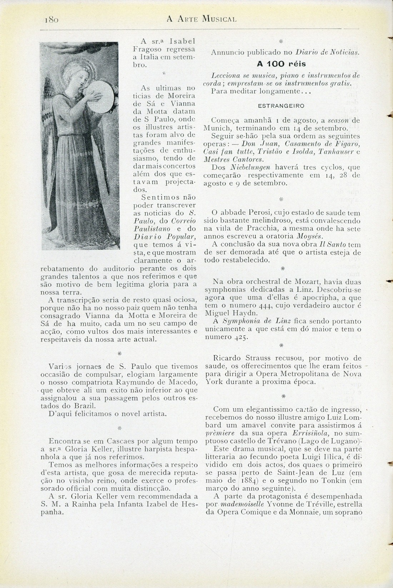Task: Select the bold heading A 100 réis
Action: [x=282, y=64]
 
